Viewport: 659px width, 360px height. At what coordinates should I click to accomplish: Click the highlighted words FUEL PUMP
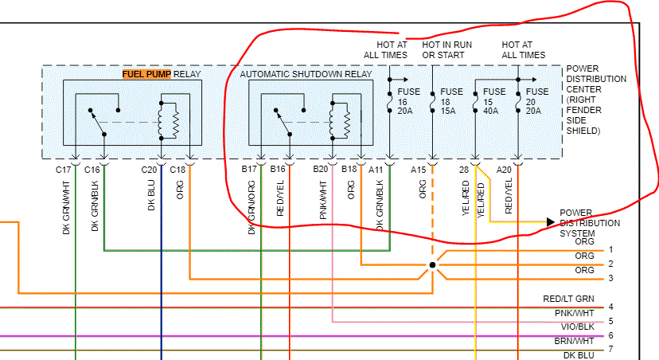coord(146,74)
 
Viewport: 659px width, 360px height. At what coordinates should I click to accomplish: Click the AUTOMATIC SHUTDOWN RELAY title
coord(306,74)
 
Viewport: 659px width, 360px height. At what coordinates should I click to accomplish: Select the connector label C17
coord(64,170)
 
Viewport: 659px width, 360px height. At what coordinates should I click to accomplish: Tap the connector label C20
coord(149,170)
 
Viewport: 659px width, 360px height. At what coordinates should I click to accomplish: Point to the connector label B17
coord(250,170)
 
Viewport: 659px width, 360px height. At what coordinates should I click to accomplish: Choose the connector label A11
coord(376,170)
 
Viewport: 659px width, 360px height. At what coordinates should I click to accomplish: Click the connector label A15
coord(419,170)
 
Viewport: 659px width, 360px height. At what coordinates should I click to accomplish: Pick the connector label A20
coord(504,170)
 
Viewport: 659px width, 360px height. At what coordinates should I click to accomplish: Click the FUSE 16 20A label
coord(408,101)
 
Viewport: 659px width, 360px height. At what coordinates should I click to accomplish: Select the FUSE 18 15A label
coord(451,101)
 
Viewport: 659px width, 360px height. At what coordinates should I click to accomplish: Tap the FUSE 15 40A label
coord(494,101)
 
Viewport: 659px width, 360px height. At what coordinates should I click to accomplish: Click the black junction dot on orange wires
coord(432,264)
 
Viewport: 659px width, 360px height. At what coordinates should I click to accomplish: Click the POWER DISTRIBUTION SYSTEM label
coord(588,223)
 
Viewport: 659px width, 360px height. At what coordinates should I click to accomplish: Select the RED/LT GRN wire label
coord(568,299)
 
